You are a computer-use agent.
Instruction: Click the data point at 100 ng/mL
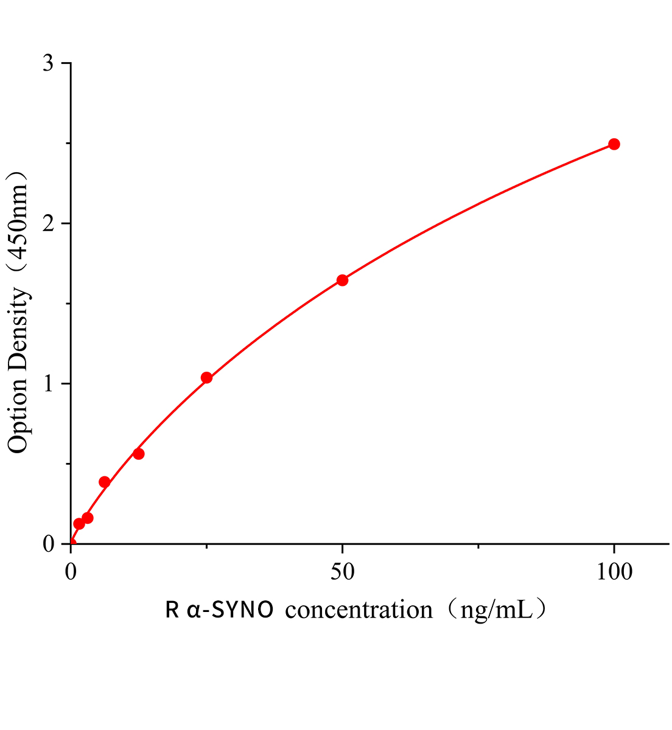pos(614,144)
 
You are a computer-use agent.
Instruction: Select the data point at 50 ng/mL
pos(342,280)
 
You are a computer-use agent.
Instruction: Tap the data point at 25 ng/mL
pos(206,378)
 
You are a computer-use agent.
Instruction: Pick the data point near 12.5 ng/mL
pos(139,454)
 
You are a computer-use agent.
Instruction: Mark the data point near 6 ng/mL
pos(105,482)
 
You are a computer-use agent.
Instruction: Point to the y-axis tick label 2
pos(49,223)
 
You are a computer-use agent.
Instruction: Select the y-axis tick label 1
pos(49,384)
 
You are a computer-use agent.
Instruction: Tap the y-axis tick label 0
pos(49,544)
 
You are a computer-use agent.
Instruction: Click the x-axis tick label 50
pos(342,572)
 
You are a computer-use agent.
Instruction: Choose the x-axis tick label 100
pos(614,572)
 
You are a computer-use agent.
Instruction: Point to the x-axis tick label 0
pos(71,572)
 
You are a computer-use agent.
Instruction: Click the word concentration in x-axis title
pos(359,610)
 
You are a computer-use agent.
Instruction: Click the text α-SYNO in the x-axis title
pos(230,610)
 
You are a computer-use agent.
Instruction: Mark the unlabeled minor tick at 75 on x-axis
pos(478,547)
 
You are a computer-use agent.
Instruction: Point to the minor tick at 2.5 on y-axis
pos(68,144)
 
